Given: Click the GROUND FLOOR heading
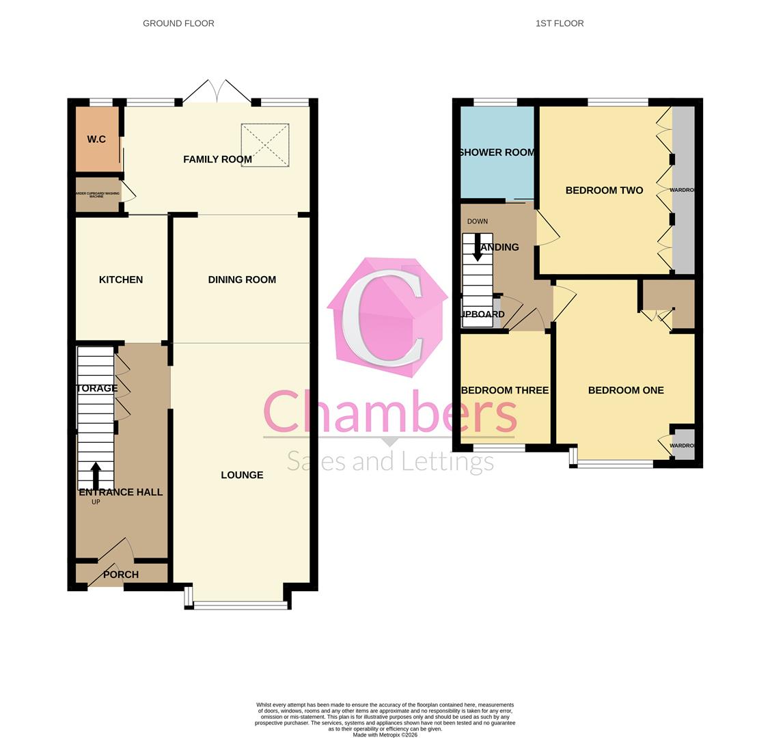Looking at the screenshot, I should [x=178, y=23].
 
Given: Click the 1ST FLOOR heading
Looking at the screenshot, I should [x=559, y=23].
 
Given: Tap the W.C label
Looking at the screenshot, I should [x=96, y=139].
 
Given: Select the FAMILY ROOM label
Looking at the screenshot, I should [x=217, y=159].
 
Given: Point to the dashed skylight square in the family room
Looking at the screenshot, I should [x=265, y=144].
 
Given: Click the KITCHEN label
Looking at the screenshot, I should [x=121, y=279].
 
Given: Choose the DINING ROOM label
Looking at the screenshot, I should [x=242, y=279].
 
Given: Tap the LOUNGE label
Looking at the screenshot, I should [x=242, y=475].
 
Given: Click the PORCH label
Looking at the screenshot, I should [x=121, y=575].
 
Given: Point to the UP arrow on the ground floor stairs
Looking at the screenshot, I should [x=96, y=476].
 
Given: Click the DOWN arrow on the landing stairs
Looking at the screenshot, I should [x=478, y=247].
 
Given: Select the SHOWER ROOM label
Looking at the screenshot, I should [x=497, y=152].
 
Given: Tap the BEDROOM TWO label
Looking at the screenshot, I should [x=604, y=191].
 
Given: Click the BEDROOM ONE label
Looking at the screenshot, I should [x=626, y=390].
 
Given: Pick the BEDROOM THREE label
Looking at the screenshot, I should [x=505, y=390].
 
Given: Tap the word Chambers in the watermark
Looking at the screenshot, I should [x=389, y=412].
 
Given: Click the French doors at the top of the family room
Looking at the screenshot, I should [x=217, y=92].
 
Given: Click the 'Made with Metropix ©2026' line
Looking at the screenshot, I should [x=385, y=735].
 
